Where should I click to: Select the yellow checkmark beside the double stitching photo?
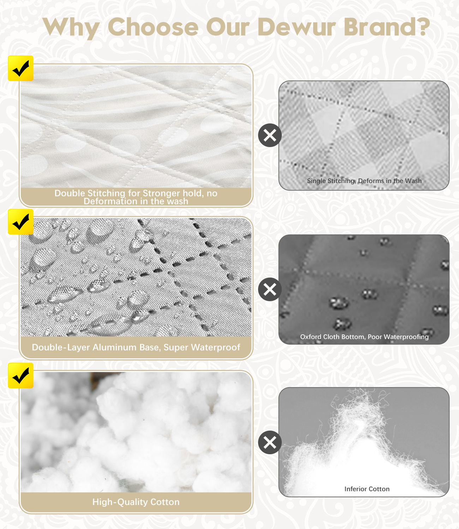click(x=20, y=68)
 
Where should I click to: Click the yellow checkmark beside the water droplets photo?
click(x=20, y=221)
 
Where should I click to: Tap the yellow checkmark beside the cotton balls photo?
click(x=20, y=375)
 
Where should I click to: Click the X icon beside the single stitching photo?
click(x=270, y=135)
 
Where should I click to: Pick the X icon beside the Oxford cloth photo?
click(x=270, y=289)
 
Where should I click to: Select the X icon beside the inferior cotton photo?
click(x=270, y=442)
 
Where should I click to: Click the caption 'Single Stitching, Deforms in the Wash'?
click(x=364, y=181)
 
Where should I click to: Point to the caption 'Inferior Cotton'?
click(x=367, y=489)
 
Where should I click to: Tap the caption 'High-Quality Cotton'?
click(x=136, y=502)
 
